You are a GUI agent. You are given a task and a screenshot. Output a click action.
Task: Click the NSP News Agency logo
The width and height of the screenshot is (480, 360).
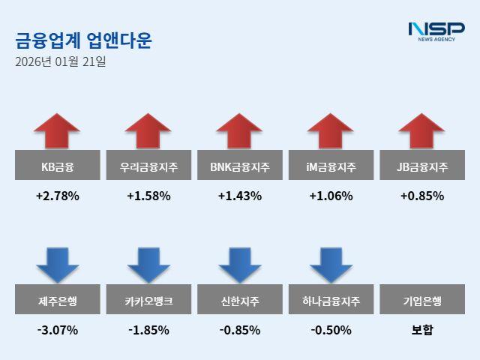click(x=436, y=31)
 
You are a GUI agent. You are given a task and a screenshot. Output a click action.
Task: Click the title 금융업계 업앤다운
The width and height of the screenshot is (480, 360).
click(x=83, y=40)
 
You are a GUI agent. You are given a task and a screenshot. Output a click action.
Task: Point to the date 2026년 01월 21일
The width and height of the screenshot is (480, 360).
click(x=60, y=61)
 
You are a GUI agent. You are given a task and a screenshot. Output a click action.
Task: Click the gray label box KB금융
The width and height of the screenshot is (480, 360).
click(x=57, y=166)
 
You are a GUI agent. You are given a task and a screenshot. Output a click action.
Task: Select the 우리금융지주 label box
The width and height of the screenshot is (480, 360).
click(x=148, y=166)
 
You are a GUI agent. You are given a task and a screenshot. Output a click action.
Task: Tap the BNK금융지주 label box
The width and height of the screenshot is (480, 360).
click(x=240, y=166)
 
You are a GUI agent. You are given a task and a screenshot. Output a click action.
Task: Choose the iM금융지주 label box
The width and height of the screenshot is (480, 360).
click(x=331, y=166)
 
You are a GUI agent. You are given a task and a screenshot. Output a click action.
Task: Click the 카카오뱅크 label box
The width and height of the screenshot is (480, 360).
click(x=148, y=301)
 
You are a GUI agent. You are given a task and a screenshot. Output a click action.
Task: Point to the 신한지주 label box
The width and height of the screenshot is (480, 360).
click(x=240, y=301)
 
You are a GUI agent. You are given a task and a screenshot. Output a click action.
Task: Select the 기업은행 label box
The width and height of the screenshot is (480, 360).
click(x=422, y=301)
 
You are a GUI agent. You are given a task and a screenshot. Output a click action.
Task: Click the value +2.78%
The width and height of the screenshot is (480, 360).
click(x=57, y=196)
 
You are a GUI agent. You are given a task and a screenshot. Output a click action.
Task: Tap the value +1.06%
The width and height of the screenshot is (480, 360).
click(x=331, y=196)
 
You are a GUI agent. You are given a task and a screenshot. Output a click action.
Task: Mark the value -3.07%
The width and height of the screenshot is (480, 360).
click(x=57, y=330)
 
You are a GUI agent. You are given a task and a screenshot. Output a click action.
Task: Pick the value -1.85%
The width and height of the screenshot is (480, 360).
click(x=148, y=330)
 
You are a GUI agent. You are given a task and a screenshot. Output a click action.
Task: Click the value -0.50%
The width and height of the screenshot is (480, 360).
click(x=331, y=330)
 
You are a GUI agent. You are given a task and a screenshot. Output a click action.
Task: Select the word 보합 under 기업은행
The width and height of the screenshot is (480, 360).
click(x=422, y=330)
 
